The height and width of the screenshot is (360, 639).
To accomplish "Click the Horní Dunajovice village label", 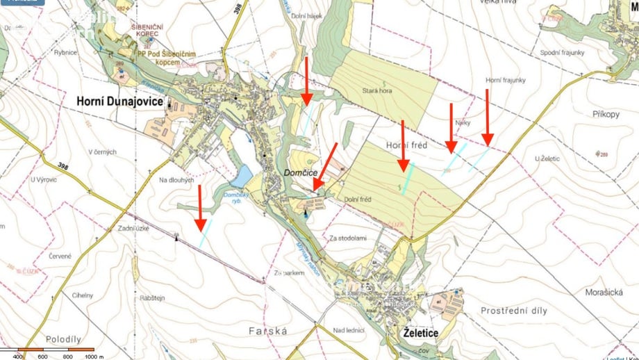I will [x=119, y=101].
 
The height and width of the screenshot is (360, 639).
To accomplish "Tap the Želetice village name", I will [x=421, y=334].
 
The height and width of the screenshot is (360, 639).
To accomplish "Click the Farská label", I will [x=267, y=332].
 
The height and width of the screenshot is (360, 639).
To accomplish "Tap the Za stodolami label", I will [x=348, y=238].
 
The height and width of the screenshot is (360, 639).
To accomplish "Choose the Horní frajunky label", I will [x=506, y=81].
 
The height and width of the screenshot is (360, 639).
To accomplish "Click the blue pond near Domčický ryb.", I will [x=242, y=177].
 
